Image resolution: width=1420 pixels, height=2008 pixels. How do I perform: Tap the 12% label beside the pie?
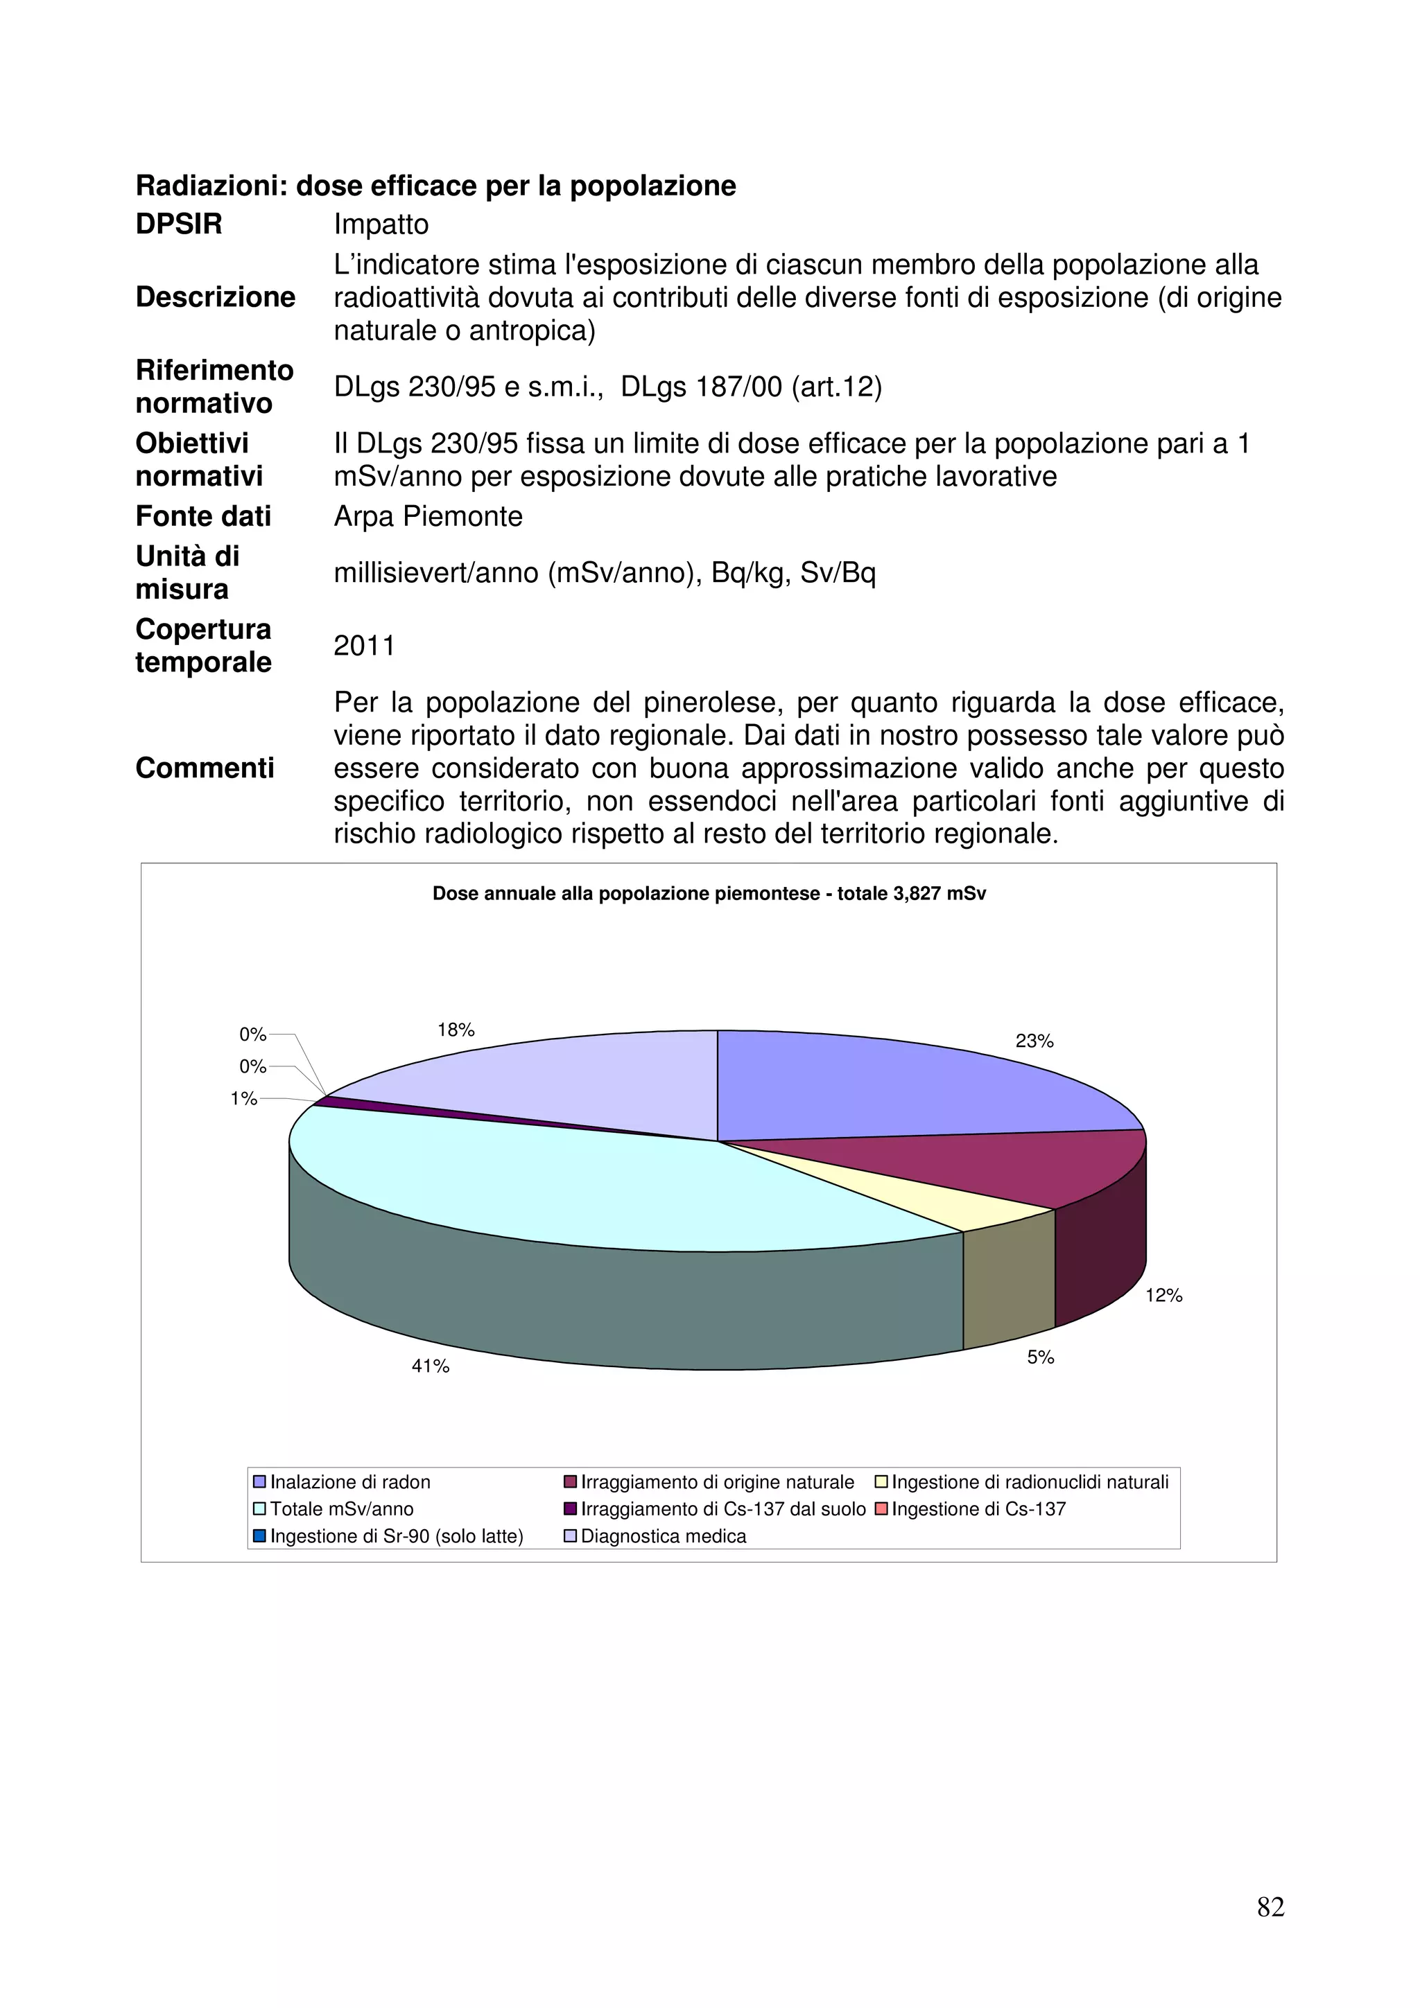[1163, 1295]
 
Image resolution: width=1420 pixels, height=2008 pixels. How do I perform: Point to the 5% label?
[1040, 1357]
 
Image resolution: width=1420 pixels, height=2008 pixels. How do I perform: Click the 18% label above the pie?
[456, 1030]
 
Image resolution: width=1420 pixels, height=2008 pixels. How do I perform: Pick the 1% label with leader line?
[243, 1098]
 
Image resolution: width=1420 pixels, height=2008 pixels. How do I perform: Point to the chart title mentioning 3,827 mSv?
[709, 894]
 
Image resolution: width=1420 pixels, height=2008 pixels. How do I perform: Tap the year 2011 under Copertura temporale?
[364, 646]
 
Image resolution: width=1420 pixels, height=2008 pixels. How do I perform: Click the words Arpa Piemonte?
[428, 516]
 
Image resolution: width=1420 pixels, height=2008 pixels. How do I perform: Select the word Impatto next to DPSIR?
[381, 224]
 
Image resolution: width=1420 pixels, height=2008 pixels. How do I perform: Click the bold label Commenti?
[205, 767]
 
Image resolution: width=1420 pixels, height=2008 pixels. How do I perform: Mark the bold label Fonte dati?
[203, 516]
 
